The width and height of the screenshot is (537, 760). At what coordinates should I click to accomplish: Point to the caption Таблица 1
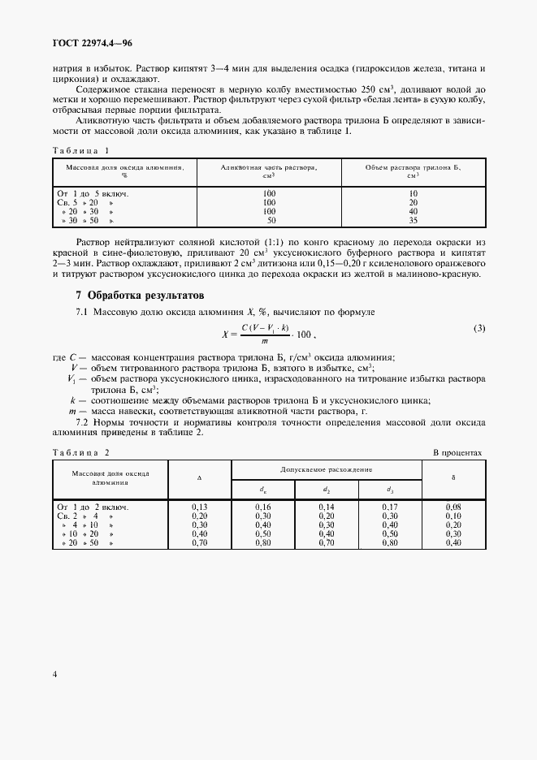coord(80,150)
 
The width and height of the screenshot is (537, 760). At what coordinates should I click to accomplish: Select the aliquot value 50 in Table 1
coord(270,220)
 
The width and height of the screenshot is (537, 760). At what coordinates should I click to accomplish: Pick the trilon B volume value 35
coord(413,220)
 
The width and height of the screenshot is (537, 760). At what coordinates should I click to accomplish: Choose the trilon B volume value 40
coord(413,211)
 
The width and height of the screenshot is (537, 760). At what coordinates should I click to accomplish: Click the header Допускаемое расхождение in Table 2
coord(327,469)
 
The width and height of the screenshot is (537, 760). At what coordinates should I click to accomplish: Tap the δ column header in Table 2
coord(453,477)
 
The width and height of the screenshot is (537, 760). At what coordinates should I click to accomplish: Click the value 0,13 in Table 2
coord(200,507)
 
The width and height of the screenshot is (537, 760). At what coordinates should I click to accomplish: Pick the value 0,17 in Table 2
coord(390,507)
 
